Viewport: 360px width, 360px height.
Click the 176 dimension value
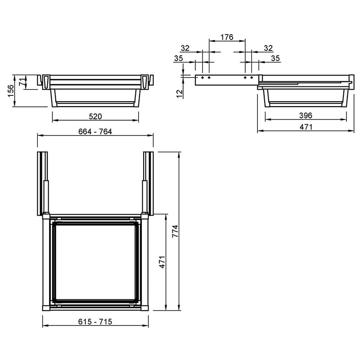point(227,37)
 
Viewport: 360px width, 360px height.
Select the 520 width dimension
point(95,117)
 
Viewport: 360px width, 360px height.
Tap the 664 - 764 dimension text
point(95,131)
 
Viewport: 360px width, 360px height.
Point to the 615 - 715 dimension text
point(95,322)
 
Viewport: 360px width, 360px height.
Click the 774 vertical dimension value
point(175,231)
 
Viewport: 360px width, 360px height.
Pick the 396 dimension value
point(306,116)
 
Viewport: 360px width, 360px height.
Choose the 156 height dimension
point(11,91)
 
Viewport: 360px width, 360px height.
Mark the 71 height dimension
point(22,82)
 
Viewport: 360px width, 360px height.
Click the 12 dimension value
point(180,94)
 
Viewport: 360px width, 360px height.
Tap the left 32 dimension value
point(185,48)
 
